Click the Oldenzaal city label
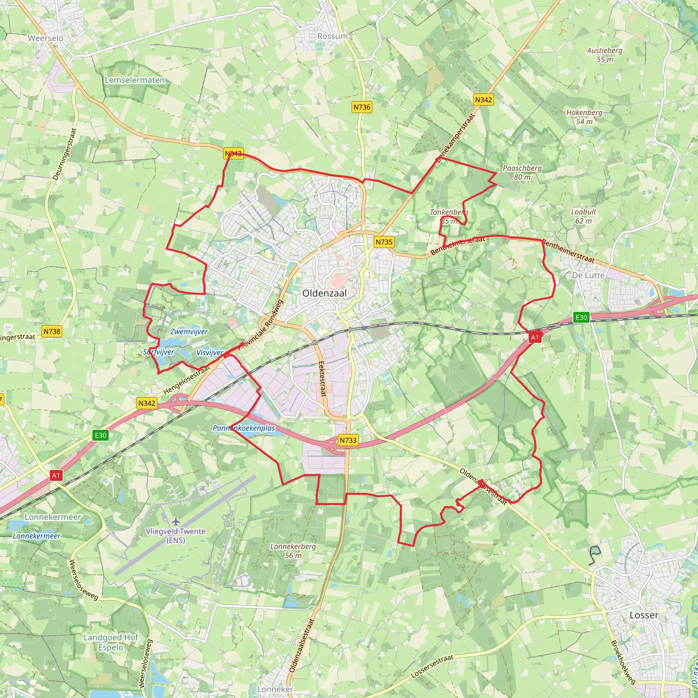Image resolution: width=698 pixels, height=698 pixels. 324,293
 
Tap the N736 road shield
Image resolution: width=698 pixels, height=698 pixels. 362,107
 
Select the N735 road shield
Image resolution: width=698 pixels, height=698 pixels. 384,242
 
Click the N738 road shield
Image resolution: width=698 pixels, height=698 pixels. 52,331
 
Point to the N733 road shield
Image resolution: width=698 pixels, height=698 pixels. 348,440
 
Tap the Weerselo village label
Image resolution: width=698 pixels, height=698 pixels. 46,38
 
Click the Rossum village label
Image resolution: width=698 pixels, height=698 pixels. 332,36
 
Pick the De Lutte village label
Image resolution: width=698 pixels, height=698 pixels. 588,275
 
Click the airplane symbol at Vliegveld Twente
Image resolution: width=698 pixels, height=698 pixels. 176,521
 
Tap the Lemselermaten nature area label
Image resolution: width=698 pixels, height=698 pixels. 135,80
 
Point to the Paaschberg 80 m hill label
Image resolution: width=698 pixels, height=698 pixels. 522,172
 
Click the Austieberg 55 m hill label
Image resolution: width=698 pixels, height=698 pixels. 604,55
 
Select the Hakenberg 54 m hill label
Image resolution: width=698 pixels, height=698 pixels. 584,117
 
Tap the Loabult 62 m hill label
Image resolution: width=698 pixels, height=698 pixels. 583,216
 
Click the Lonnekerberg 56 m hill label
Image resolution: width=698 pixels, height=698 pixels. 293,551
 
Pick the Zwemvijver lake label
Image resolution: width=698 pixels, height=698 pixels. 189,331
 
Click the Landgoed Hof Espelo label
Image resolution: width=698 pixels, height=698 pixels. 110,642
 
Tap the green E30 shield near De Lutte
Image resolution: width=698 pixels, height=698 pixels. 581,317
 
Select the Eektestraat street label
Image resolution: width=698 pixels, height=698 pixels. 322,379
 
